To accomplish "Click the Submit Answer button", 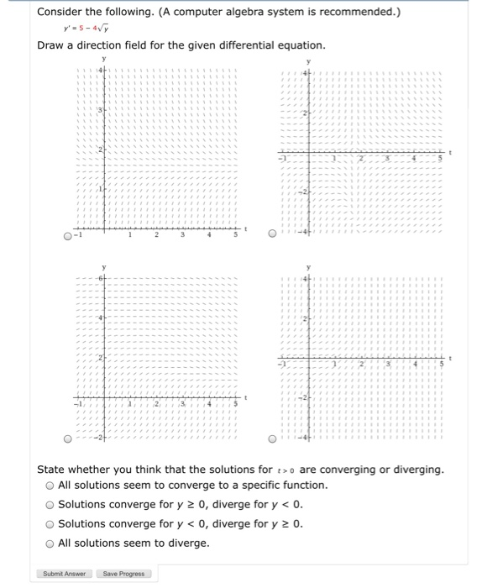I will point(64,574).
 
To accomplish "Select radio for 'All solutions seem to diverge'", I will point(51,543).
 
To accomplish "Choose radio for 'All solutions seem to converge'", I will point(51,486).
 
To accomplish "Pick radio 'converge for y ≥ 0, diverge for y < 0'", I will point(51,505).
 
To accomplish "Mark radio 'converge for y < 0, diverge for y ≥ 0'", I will point(51,524).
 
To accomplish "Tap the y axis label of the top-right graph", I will point(309,62).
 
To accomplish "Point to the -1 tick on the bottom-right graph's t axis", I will point(284,365).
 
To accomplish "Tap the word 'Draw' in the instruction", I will point(52,45).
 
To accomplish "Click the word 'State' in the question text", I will point(54,468).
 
